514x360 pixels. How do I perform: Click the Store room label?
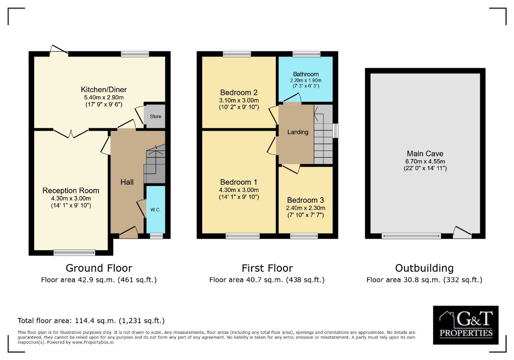click(155, 117)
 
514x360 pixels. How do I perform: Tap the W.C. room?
click(155, 210)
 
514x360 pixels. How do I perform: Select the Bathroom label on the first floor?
click(306, 74)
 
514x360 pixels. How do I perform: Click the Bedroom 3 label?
click(305, 200)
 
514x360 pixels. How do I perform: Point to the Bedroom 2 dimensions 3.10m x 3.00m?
click(239, 100)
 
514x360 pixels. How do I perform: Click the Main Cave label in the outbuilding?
click(425, 153)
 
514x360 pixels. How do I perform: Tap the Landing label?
click(298, 132)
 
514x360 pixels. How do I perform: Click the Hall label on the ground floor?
click(127, 182)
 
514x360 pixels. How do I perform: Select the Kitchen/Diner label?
click(104, 90)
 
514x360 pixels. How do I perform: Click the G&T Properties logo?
click(466, 325)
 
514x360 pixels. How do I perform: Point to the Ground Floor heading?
click(99, 268)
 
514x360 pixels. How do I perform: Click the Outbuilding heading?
click(424, 268)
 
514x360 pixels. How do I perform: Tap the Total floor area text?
click(91, 321)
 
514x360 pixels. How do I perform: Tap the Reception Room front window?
click(75, 253)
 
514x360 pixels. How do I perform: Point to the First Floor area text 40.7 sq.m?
click(267, 280)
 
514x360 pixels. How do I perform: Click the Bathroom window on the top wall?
click(306, 54)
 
